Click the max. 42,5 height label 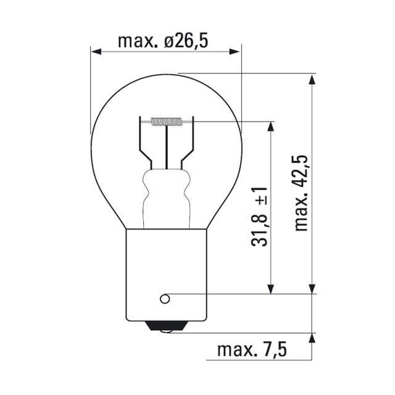pos(301,193)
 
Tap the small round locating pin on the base pos(164,299)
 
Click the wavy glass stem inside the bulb pos(165,197)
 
